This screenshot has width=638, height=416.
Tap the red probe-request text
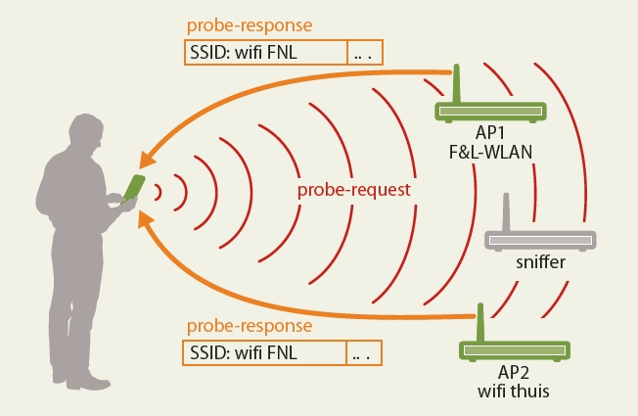(x=353, y=186)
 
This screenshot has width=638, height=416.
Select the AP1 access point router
(x=489, y=113)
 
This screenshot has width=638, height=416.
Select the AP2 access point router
(x=516, y=349)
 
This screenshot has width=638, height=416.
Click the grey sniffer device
(x=539, y=238)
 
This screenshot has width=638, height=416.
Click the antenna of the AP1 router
(x=455, y=84)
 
